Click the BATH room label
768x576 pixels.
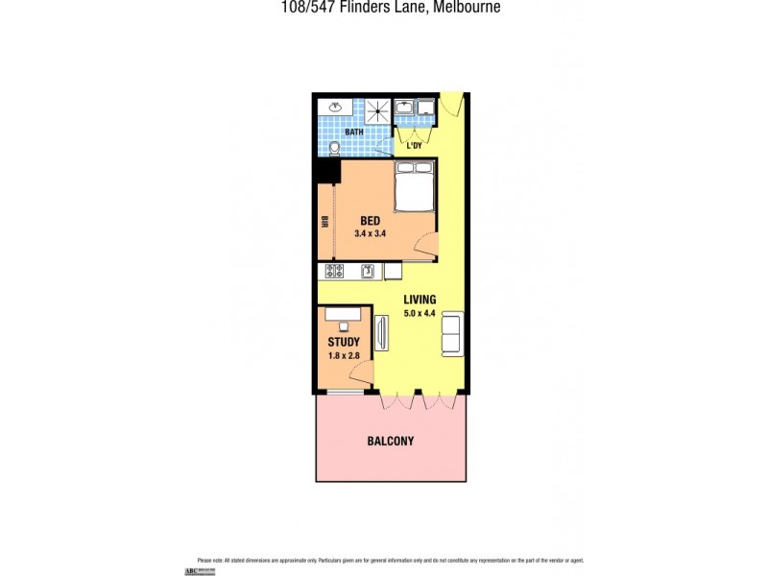353,132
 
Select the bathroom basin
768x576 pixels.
336,108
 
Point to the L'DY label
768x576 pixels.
415,146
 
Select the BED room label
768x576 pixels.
370,220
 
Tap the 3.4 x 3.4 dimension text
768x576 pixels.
370,233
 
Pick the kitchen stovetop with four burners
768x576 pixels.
335,272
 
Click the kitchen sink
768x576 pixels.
367,272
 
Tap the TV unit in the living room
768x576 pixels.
381,333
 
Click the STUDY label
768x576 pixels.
344,342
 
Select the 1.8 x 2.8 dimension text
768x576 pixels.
344,355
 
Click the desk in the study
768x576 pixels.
343,314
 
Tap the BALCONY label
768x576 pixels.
391,442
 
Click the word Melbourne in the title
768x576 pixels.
466,7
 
